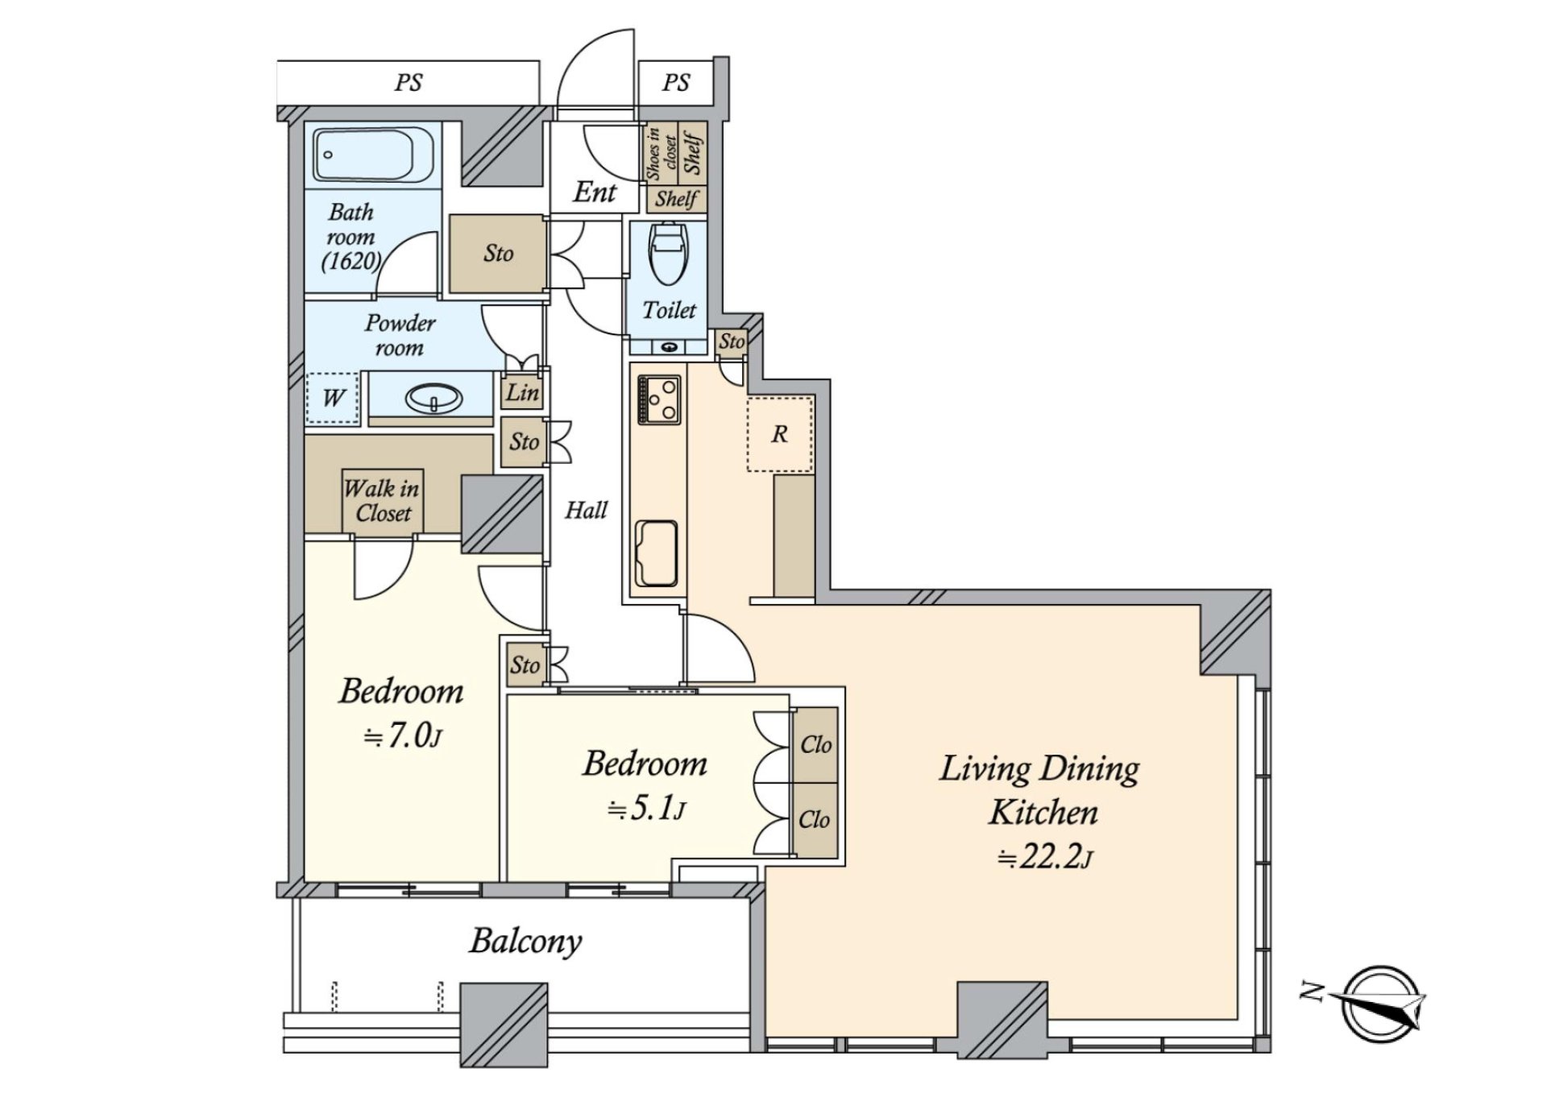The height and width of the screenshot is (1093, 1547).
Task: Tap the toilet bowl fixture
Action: point(668,253)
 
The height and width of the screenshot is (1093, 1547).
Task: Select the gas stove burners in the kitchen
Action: point(659,400)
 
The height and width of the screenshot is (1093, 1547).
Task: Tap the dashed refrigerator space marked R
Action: point(779,433)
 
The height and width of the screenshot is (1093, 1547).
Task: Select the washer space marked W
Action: point(333,398)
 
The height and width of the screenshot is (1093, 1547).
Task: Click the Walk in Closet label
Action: point(383,500)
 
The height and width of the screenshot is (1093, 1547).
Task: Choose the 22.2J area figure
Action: point(1045,857)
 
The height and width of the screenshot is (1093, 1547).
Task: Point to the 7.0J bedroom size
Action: point(402,736)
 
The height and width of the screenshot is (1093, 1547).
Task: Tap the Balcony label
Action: point(525,942)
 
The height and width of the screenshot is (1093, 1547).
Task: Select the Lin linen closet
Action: point(522,392)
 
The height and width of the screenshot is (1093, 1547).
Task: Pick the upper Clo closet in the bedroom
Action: point(815,744)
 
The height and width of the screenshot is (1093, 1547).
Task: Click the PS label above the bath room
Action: point(409,83)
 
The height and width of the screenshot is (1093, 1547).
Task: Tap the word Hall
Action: point(586,510)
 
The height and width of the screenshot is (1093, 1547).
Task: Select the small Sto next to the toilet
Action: point(732,342)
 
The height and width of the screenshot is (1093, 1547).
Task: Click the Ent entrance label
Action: point(595,192)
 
